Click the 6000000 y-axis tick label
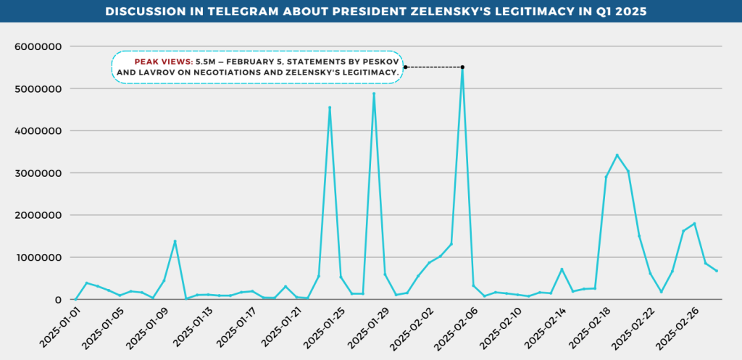click(x=38, y=47)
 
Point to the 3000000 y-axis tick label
click(x=38, y=174)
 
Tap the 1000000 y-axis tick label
click(x=38, y=258)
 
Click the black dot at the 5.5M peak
click(x=462, y=67)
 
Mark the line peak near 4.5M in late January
click(x=330, y=108)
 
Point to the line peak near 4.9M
click(x=374, y=93)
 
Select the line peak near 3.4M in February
click(x=617, y=155)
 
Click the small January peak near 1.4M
click(x=175, y=241)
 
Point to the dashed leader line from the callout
click(x=433, y=67)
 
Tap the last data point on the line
click(x=717, y=271)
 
